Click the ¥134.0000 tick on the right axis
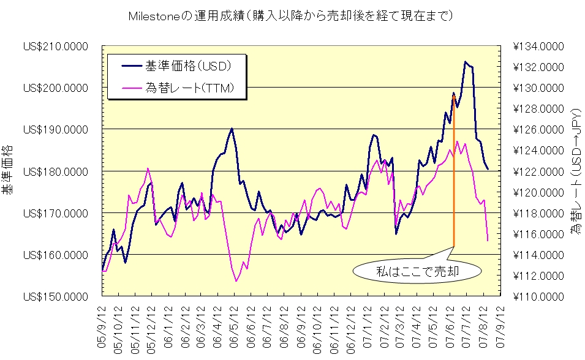tap(537, 47)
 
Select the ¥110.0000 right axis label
tap(537, 297)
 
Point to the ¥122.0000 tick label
tap(537, 171)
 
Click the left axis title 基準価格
tap(7, 170)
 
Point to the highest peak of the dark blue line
tap(466, 62)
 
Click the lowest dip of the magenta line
tap(236, 281)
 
